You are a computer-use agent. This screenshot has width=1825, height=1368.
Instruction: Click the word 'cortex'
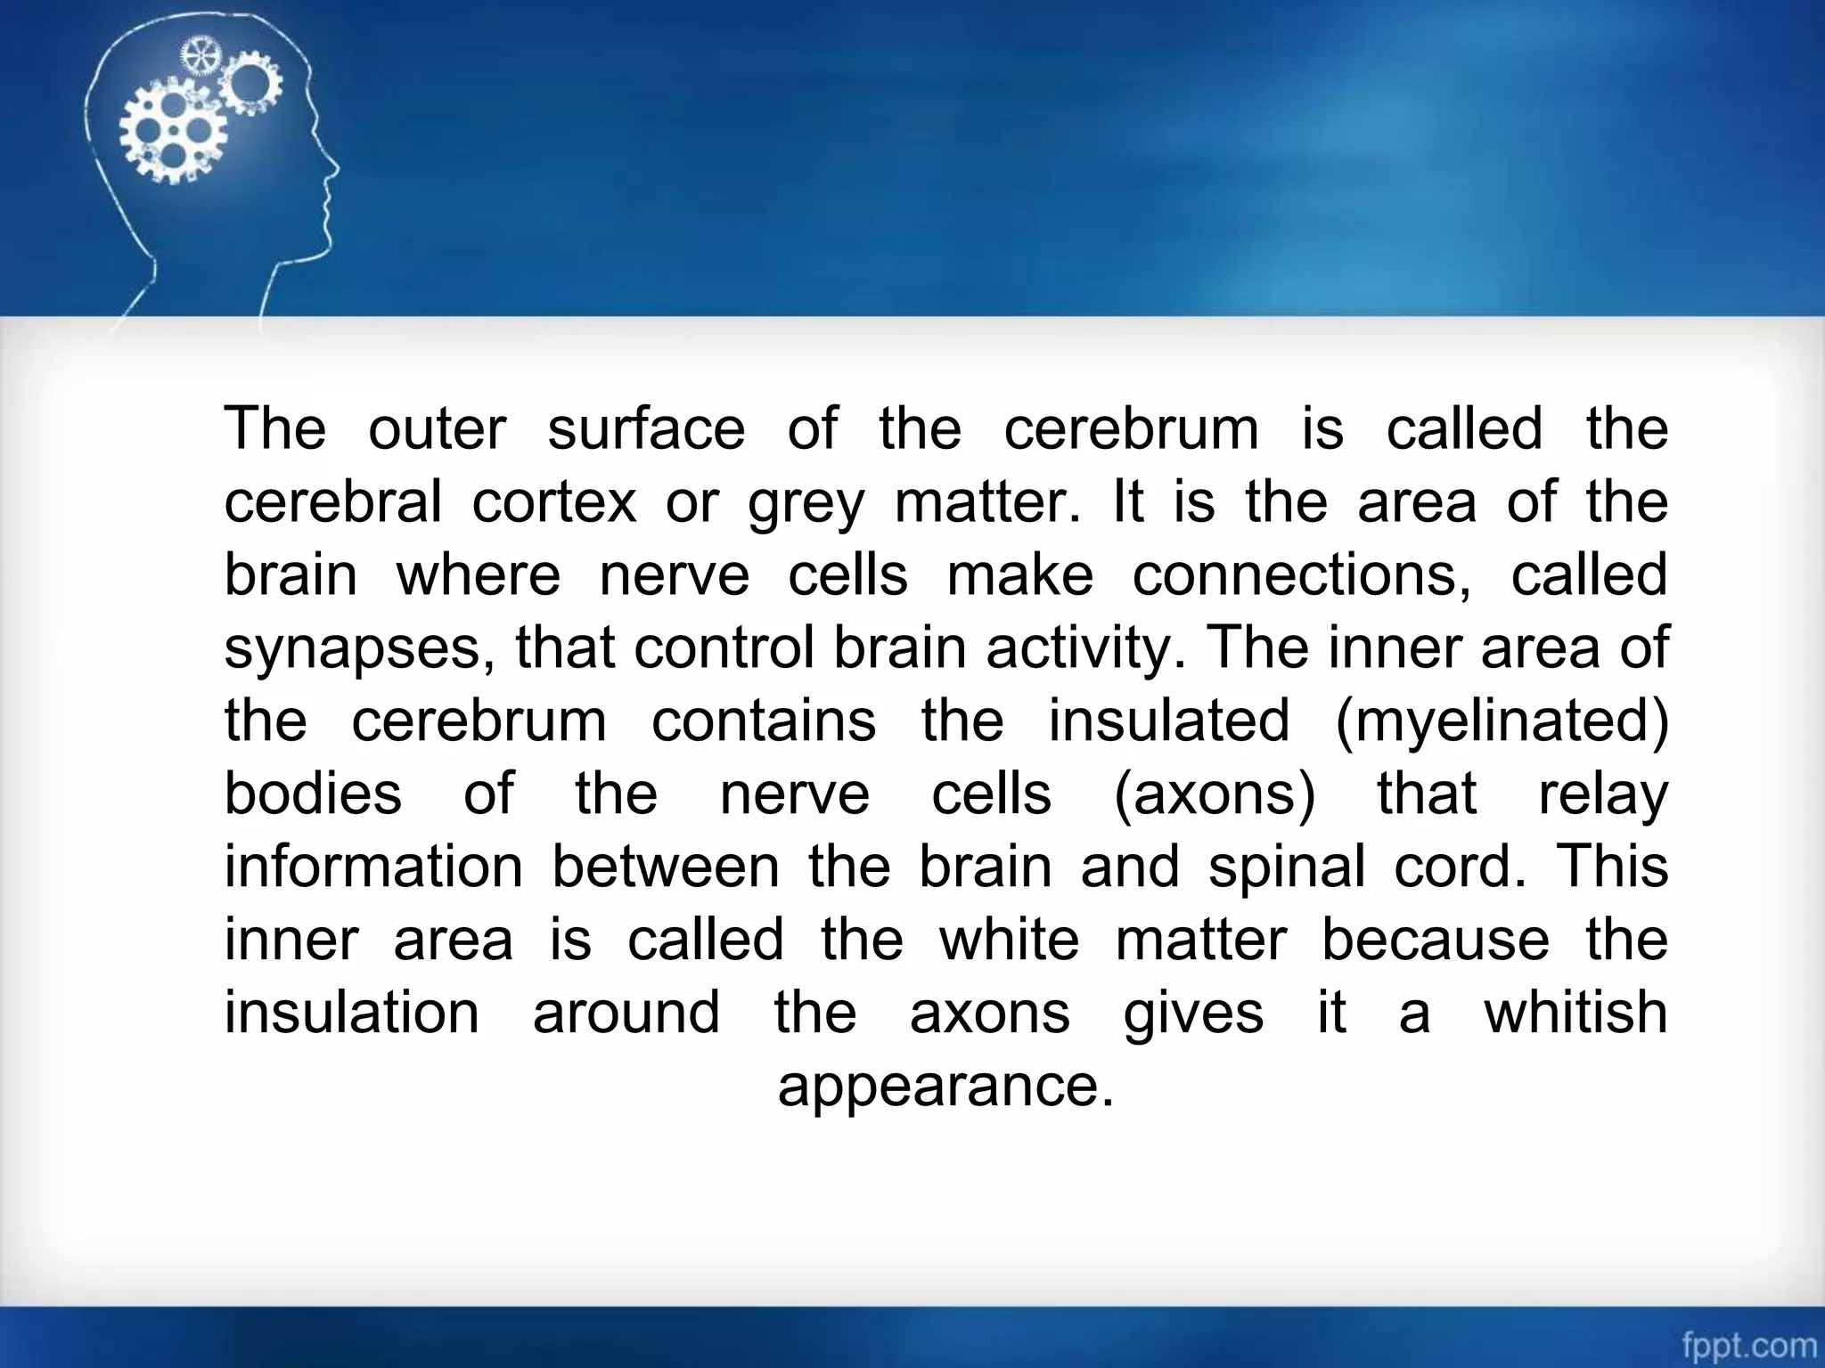pyautogui.click(x=554, y=501)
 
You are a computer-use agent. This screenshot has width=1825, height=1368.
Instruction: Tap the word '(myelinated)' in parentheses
pyautogui.click(x=1502, y=721)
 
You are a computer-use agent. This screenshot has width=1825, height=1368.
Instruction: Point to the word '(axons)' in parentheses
pyautogui.click(x=1214, y=794)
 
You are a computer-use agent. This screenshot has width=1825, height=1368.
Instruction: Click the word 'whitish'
pyautogui.click(x=1575, y=1013)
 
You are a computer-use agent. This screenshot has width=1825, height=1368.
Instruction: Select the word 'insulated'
pyautogui.click(x=1168, y=721)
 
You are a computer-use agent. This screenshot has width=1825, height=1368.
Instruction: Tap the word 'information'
pyautogui.click(x=372, y=867)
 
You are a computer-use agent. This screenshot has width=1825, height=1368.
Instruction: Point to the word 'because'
pyautogui.click(x=1435, y=940)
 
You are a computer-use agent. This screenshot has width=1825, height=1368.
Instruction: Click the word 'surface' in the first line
pyautogui.click(x=646, y=428)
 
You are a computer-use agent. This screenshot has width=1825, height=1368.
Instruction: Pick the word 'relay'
pyautogui.click(x=1602, y=794)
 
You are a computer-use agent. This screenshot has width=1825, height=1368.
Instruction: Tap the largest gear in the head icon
pyautogui.click(x=172, y=130)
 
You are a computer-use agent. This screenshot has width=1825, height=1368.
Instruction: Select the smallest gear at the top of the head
pyautogui.click(x=200, y=55)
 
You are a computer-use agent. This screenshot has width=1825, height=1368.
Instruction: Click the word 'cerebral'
pyautogui.click(x=332, y=501)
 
